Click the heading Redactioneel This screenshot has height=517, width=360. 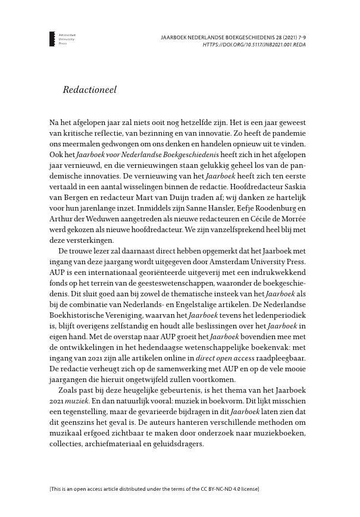89,90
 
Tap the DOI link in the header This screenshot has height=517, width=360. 254,44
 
